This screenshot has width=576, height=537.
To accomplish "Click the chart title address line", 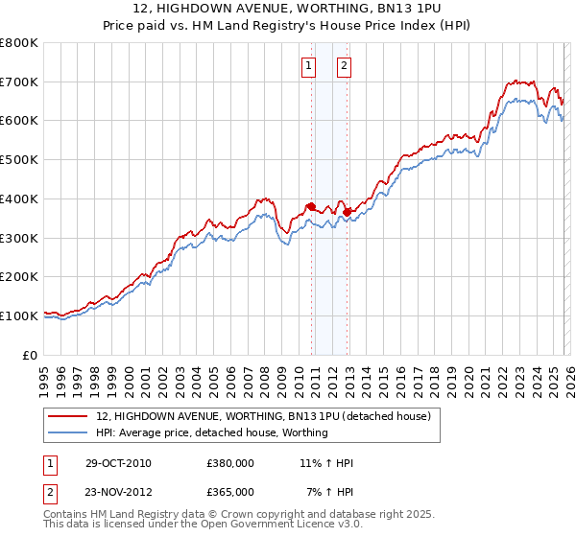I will [x=287, y=9].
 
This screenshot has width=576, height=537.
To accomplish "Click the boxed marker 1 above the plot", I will [x=309, y=66].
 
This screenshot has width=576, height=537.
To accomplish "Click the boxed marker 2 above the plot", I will [x=344, y=66].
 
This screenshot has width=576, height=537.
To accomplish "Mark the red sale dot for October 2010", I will [x=311, y=206].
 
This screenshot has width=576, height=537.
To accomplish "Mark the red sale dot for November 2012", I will [x=347, y=212].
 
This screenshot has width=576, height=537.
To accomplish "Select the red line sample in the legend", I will [x=68, y=416].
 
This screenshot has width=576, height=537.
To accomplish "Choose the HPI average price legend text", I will [x=212, y=432].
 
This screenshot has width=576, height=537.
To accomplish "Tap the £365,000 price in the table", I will [x=229, y=491].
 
